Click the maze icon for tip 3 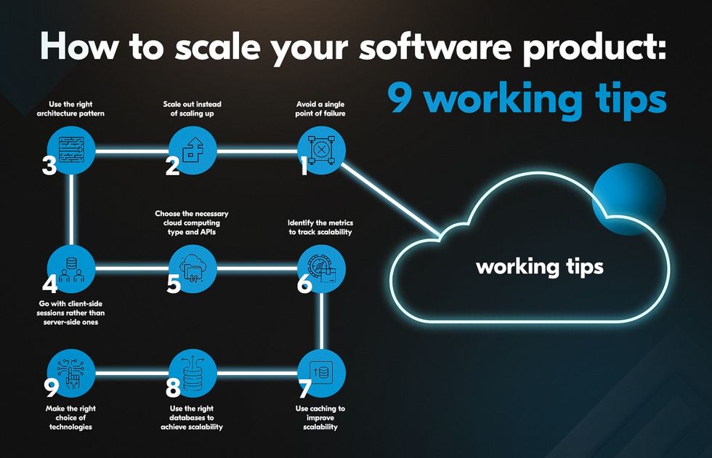pyautogui.click(x=72, y=150)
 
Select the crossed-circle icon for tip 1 pyautogui.click(x=321, y=150)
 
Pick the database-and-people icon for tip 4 pyautogui.click(x=72, y=270)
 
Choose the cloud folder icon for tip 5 pyautogui.click(x=193, y=269)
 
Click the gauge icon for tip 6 pyautogui.click(x=321, y=268)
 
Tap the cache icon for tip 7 pyautogui.click(x=321, y=373)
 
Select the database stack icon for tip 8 pyautogui.click(x=193, y=373)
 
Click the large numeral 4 pyautogui.click(x=50, y=284)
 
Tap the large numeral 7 pyautogui.click(x=304, y=388)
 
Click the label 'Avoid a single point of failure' pyautogui.click(x=320, y=109)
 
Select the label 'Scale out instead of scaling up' pyautogui.click(x=192, y=109)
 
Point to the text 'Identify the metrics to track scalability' pyautogui.click(x=320, y=227)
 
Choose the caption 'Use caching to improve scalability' pyautogui.click(x=320, y=417)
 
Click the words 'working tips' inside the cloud pyautogui.click(x=539, y=268)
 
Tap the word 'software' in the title pyautogui.click(x=435, y=47)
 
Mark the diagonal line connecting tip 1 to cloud pyautogui.click(x=391, y=200)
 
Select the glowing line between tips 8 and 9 pyautogui.click(x=132, y=374)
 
